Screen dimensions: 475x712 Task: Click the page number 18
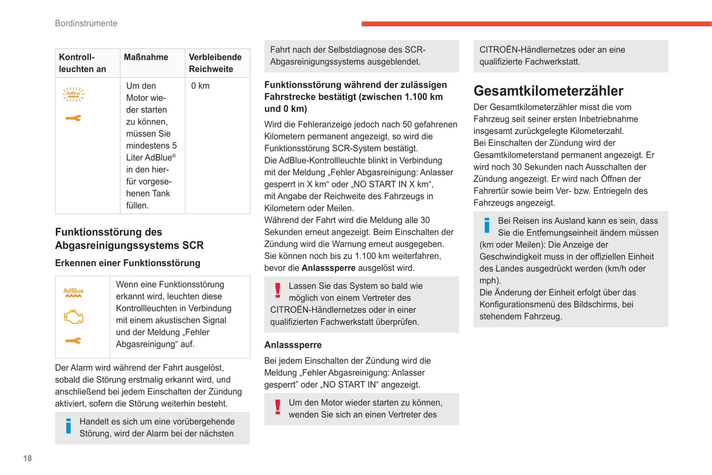(x=28, y=458)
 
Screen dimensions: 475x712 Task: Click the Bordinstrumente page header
(x=86, y=23)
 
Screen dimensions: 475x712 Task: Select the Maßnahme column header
(x=146, y=57)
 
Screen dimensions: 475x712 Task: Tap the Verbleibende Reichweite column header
(x=215, y=63)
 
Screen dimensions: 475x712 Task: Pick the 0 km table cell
(x=201, y=86)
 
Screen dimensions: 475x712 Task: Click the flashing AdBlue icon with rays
(x=73, y=94)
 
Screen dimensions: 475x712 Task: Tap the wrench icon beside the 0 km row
(x=73, y=118)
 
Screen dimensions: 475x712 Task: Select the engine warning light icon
(x=73, y=317)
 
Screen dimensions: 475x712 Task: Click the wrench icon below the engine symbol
(x=73, y=340)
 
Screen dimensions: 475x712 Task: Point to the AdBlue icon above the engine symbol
(x=73, y=292)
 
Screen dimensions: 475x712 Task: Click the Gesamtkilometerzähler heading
(x=548, y=91)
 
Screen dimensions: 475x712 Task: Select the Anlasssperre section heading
(x=293, y=345)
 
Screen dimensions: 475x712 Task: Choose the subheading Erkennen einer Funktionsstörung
(x=128, y=263)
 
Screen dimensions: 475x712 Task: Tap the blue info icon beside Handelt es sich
(x=68, y=426)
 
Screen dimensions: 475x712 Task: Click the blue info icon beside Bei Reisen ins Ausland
(x=487, y=225)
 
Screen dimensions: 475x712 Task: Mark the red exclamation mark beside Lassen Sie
(x=278, y=290)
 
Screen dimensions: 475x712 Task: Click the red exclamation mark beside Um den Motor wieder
(x=278, y=407)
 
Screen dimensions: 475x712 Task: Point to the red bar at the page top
(x=536, y=24)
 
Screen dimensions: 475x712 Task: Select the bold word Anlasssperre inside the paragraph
(x=328, y=268)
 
